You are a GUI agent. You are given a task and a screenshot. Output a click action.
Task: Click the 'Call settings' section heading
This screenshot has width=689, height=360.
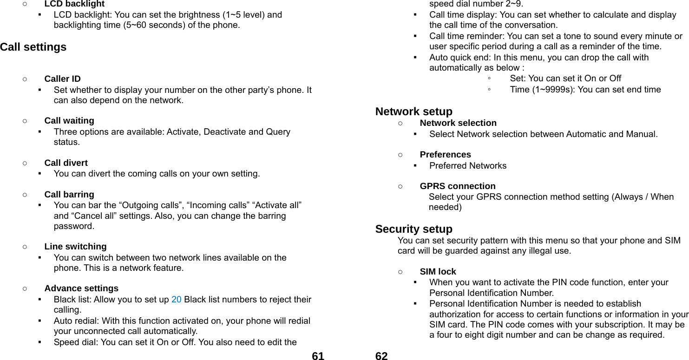click(33, 47)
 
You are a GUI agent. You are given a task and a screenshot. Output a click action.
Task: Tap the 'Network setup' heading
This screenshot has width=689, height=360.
click(413, 111)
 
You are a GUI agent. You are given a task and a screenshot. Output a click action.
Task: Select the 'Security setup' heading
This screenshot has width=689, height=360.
click(413, 229)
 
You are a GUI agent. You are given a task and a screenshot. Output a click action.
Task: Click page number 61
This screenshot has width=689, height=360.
click(318, 356)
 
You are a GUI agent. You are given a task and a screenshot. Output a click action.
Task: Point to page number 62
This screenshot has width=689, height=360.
click(381, 356)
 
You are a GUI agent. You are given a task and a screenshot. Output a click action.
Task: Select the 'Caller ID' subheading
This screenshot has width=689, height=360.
click(62, 79)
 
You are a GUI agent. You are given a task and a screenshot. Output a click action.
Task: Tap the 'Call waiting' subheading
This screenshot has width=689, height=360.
click(69, 121)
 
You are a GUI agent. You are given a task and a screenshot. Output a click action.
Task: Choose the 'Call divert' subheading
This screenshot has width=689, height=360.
click(66, 163)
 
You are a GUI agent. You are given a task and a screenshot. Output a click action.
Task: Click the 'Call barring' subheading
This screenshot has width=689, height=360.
click(69, 195)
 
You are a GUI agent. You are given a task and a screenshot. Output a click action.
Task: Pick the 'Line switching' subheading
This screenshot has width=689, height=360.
click(75, 247)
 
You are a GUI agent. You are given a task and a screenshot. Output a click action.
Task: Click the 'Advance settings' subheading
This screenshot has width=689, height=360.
click(81, 288)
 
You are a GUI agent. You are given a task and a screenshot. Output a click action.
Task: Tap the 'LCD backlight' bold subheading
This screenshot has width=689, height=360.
click(74, 4)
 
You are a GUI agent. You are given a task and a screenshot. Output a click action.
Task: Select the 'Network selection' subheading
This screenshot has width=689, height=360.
click(458, 123)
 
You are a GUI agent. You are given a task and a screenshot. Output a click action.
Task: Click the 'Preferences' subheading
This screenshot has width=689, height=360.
click(445, 155)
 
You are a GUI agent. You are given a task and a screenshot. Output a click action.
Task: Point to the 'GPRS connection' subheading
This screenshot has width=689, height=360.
click(457, 186)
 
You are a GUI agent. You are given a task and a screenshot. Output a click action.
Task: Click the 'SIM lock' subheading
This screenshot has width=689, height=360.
click(438, 272)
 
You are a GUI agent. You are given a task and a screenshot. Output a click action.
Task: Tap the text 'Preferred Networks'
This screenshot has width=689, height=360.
click(468, 166)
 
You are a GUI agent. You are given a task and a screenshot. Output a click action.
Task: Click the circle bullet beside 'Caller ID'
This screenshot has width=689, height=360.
click(24, 79)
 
